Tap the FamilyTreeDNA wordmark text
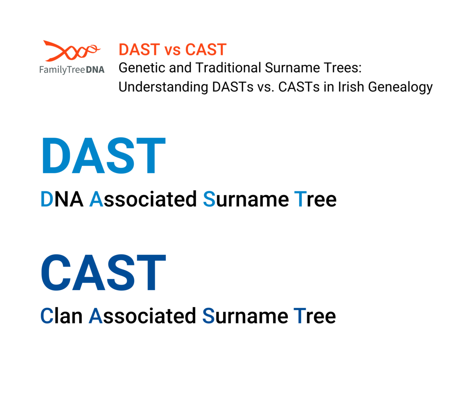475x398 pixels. click(x=72, y=70)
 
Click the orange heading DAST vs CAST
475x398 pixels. click(x=173, y=49)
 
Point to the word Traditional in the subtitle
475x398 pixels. click(x=228, y=68)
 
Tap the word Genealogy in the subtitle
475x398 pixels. click(x=400, y=87)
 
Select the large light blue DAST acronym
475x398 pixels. click(x=104, y=155)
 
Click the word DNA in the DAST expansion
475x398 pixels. click(x=62, y=199)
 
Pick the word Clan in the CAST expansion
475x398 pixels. click(x=61, y=316)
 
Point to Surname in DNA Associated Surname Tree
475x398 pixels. click(x=246, y=199)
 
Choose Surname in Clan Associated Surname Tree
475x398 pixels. click(x=245, y=316)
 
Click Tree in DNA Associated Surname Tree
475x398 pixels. click(x=315, y=199)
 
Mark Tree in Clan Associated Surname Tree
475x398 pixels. click(x=315, y=316)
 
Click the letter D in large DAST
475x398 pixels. click(x=56, y=155)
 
